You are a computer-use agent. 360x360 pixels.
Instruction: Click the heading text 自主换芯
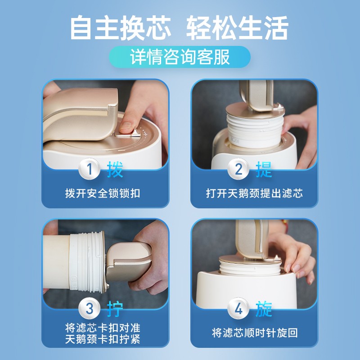(121, 28)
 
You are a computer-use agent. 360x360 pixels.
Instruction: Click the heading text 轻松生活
(237, 28)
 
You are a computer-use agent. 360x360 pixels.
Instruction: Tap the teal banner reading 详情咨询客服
(180, 57)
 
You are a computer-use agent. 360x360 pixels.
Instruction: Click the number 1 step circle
(89, 170)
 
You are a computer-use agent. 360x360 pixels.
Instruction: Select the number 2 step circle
(238, 170)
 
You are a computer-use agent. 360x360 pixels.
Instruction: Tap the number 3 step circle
(89, 309)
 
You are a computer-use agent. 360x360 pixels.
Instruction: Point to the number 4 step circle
(238, 309)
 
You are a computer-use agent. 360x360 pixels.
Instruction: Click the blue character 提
(264, 170)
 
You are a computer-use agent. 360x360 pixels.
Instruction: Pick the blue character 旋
(264, 309)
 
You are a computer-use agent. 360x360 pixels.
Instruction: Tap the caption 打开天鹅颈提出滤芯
(254, 193)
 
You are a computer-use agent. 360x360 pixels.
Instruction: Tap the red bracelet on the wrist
(284, 222)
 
